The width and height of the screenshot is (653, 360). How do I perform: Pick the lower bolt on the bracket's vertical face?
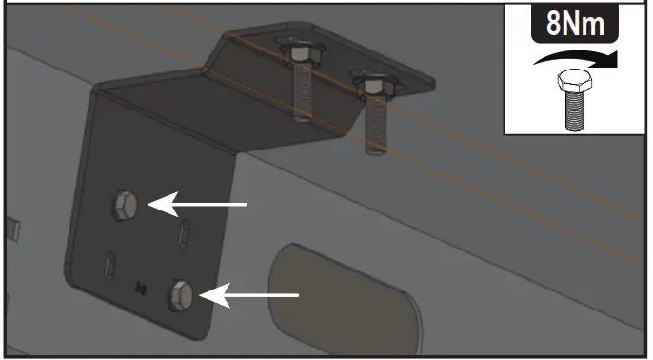(181, 295)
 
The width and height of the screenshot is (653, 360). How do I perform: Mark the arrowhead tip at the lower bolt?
(199, 296)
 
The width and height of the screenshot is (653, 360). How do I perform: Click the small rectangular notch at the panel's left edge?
(11, 227)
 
